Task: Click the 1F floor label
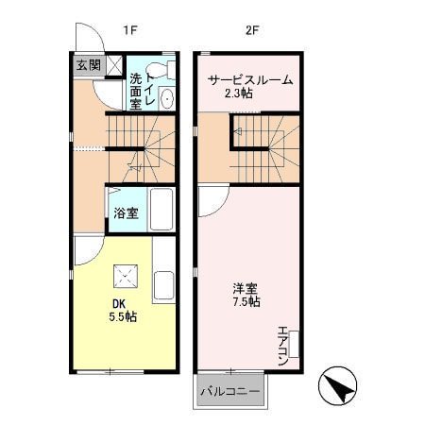[130, 29]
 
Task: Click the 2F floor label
[252, 29]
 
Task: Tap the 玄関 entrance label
[88, 64]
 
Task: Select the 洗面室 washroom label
[136, 92]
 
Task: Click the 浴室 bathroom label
[126, 212]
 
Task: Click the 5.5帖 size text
[123, 317]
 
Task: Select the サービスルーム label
[250, 80]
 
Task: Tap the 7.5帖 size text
[246, 302]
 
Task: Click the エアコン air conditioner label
[282, 346]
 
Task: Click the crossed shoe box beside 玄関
[113, 65]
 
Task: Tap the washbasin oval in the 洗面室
[166, 99]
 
